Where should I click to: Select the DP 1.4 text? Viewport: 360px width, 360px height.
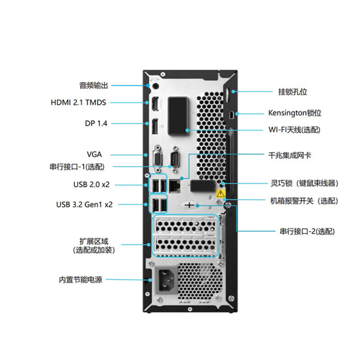point(96,123)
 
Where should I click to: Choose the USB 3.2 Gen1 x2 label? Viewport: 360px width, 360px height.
point(84,204)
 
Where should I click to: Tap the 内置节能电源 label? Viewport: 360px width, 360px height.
point(81,280)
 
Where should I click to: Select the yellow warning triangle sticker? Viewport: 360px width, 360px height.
point(220,194)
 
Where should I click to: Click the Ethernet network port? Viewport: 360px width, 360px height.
point(174,184)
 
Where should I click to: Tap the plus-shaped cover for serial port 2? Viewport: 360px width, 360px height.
point(190,205)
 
